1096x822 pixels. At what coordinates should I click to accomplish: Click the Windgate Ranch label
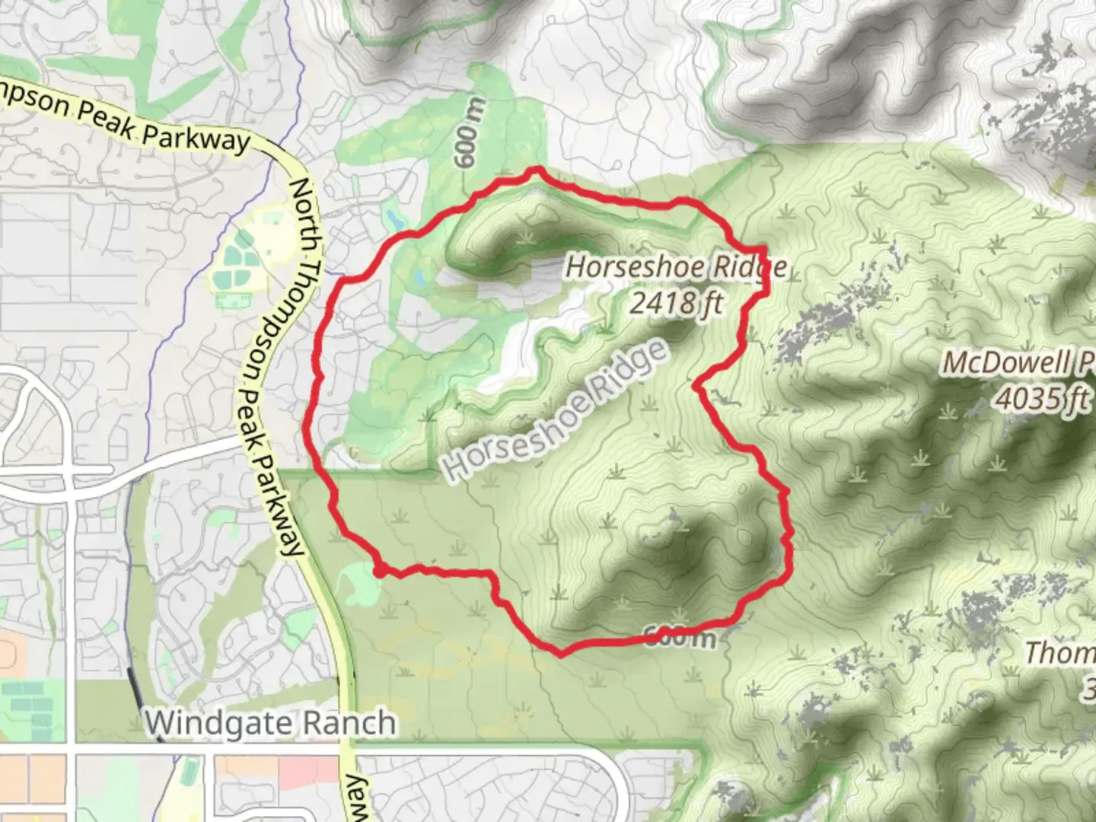tap(271, 722)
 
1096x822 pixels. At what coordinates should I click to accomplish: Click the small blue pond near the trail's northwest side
tap(393, 220)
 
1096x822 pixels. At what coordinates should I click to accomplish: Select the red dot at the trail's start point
tap(378, 571)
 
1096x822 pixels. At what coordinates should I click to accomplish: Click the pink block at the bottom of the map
tap(307, 772)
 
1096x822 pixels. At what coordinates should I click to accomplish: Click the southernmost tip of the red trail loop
tap(561, 653)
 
